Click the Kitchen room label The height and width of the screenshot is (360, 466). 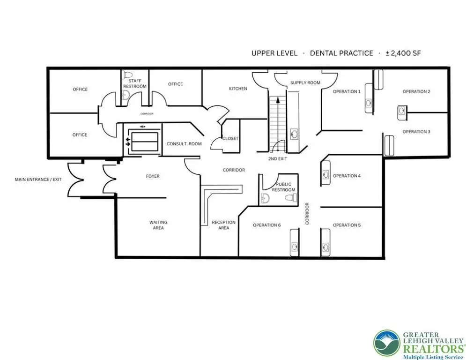tap(238, 89)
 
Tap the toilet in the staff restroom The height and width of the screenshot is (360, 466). tap(128, 75)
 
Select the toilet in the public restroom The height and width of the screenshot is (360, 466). tap(291, 197)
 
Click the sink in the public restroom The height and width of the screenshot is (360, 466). tap(265, 198)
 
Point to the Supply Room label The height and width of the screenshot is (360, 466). tap(305, 82)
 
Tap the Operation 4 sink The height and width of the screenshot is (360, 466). tap(325, 174)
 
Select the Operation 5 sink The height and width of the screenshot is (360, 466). tap(325, 247)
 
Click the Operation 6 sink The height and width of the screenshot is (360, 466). tap(295, 247)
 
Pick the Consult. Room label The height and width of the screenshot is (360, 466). tap(184, 144)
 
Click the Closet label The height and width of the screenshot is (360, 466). tap(230, 139)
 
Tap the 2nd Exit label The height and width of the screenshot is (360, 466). tap(278, 159)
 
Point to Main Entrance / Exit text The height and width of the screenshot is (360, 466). tap(38, 180)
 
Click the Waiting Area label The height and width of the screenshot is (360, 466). tap(158, 225)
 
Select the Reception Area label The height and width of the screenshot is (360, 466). tap(223, 225)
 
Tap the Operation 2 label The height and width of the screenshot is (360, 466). tap(416, 91)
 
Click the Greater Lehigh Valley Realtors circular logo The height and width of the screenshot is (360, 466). tap(387, 343)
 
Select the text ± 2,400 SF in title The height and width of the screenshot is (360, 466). tap(403, 53)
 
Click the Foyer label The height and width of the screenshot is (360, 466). tap(153, 176)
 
